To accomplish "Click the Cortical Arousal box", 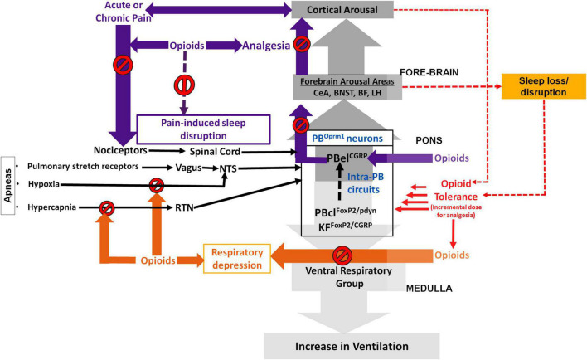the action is click(x=342, y=10).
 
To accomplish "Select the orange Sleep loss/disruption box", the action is click(x=543, y=86).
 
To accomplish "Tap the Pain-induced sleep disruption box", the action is click(x=203, y=129).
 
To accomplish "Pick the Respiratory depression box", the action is click(x=237, y=259).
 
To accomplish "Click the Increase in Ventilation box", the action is click(x=352, y=346).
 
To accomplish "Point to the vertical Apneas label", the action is click(x=7, y=186).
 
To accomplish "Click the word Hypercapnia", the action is click(x=51, y=207).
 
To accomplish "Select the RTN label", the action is click(x=184, y=207).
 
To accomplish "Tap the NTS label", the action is click(x=228, y=168).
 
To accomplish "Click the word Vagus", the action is click(x=189, y=168).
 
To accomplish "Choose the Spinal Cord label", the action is click(x=215, y=152).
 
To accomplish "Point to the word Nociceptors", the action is click(x=120, y=150).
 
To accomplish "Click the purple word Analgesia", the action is click(x=266, y=46).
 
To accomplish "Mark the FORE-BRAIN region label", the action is click(x=429, y=72).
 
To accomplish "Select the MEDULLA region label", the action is click(x=429, y=289).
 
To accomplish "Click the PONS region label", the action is click(x=429, y=140).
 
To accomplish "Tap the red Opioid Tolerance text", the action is click(x=456, y=190).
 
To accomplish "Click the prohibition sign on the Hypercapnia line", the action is click(x=107, y=208).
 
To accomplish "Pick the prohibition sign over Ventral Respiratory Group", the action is click(x=342, y=255).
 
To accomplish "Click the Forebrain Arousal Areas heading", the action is click(x=347, y=81).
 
